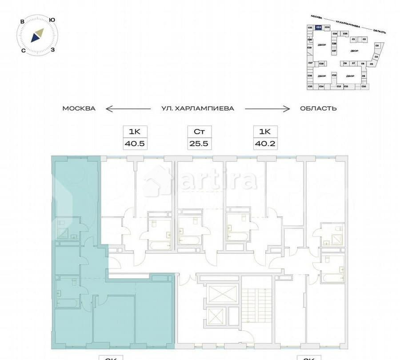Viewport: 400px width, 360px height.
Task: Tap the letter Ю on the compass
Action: [52, 20]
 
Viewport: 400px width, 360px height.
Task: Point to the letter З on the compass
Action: [53, 50]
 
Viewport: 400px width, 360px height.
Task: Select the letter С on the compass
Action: [23, 51]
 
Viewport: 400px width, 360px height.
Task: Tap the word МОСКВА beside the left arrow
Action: [79, 108]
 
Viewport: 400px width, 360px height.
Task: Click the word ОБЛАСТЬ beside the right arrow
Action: [318, 108]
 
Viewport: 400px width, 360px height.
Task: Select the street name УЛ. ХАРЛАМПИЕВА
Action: [197, 108]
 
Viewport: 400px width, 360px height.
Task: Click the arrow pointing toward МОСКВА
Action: [122, 108]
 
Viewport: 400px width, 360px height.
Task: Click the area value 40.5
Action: [135, 144]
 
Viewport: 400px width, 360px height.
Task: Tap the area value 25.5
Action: [199, 144]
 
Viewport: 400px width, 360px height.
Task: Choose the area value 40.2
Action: [265, 144]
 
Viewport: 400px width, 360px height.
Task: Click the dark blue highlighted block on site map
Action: [318, 28]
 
